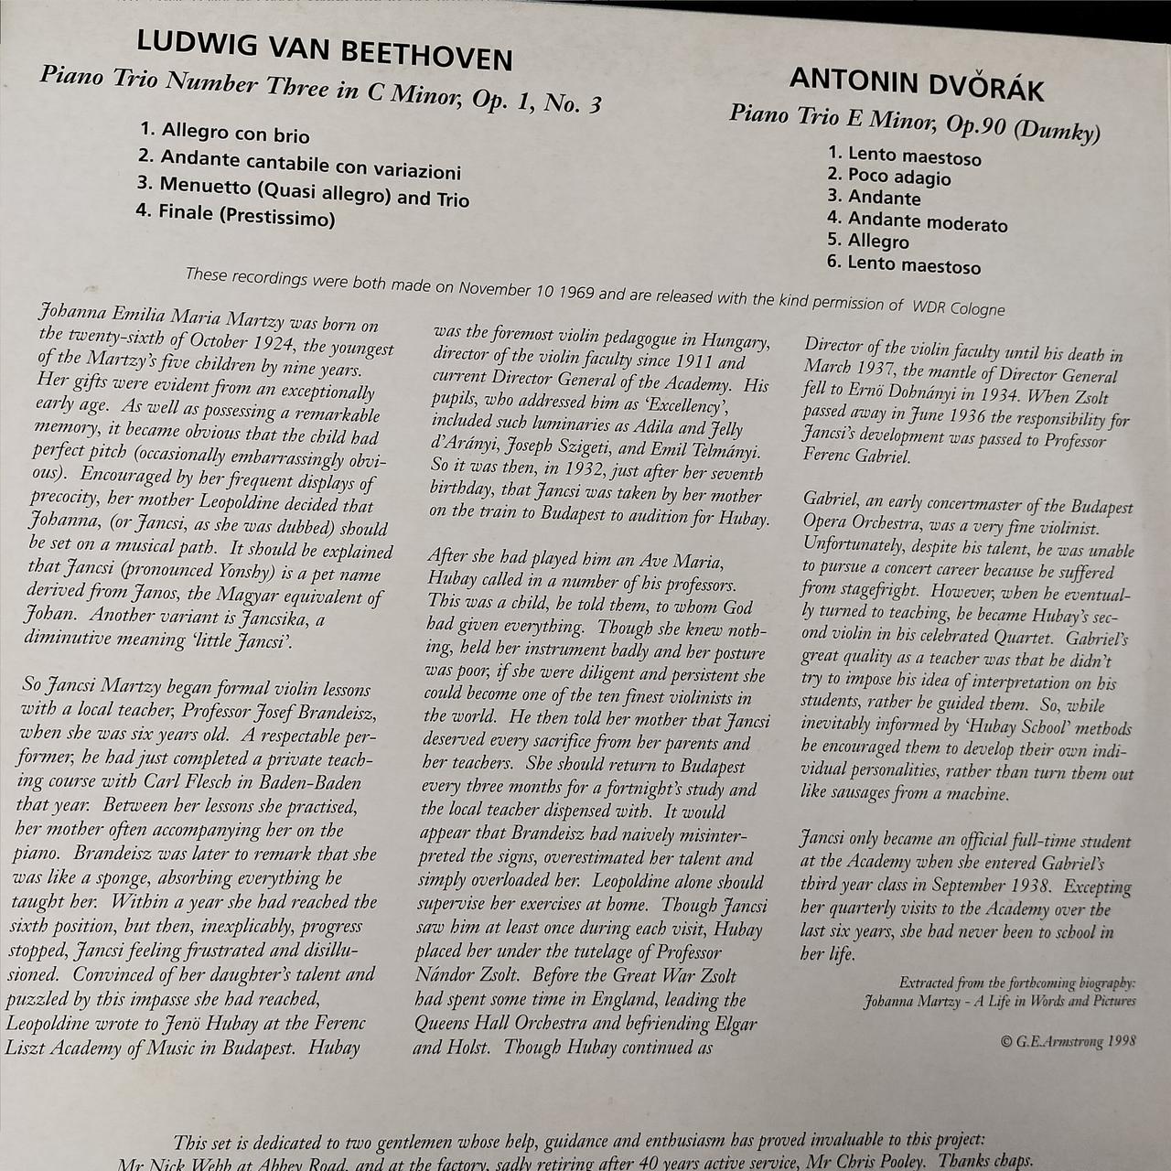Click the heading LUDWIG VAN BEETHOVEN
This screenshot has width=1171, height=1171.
324,51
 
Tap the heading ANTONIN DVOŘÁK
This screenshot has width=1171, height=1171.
916,85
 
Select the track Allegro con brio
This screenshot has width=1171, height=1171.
235,133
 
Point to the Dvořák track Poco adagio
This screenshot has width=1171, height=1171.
899,177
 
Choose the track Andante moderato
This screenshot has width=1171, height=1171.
927,221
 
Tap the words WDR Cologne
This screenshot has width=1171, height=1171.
958,308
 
